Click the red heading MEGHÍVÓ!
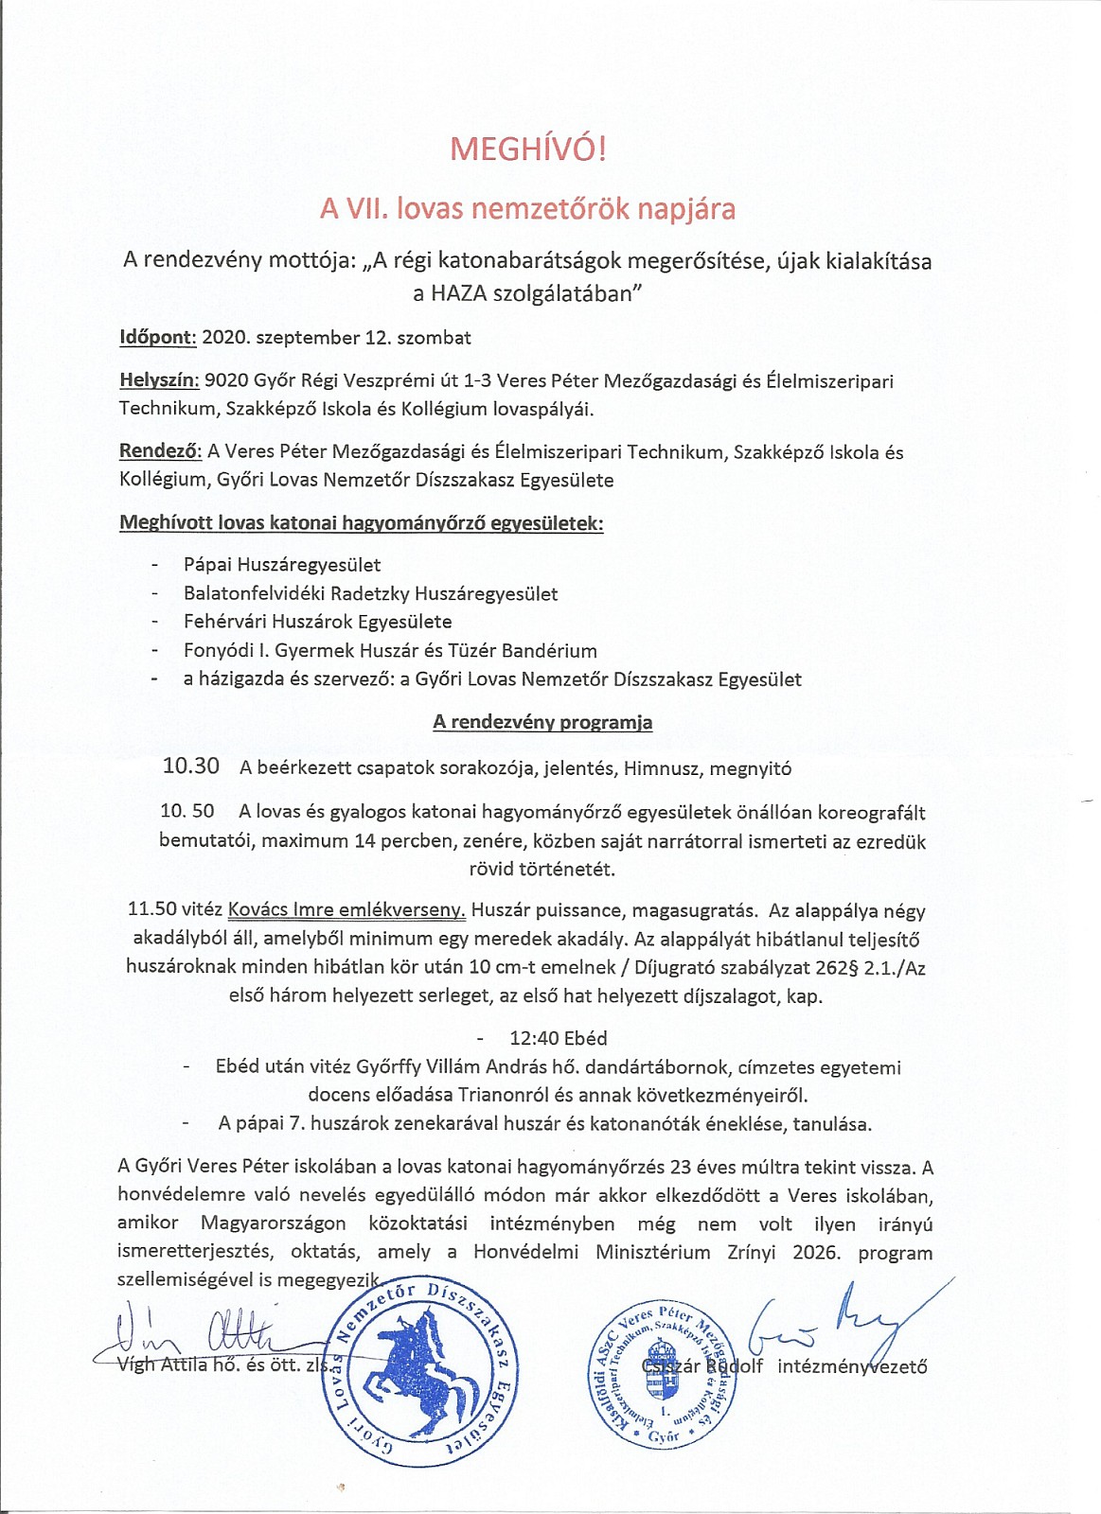point(526,150)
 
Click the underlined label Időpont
point(157,338)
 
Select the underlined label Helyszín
point(159,381)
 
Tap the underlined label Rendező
point(160,452)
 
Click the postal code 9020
point(226,381)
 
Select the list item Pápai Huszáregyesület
point(282,565)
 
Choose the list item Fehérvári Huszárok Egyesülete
point(317,622)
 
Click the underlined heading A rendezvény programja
point(542,722)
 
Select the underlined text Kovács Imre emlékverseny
point(346,911)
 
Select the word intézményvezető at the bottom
point(852,1366)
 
